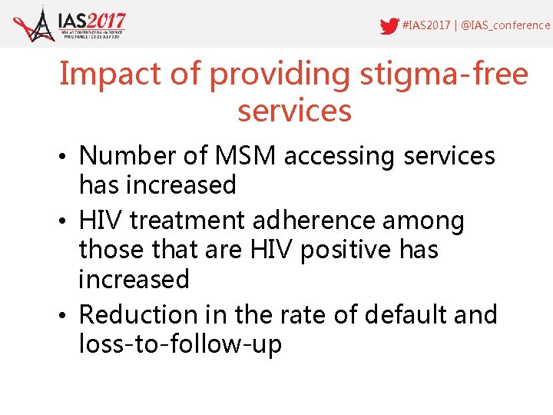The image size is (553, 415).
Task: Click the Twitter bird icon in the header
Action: [389, 25]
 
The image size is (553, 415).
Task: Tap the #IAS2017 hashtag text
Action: [426, 25]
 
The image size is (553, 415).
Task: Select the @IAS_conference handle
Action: [506, 25]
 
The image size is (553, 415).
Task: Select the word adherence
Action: [321, 221]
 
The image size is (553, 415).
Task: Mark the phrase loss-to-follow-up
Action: [180, 344]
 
